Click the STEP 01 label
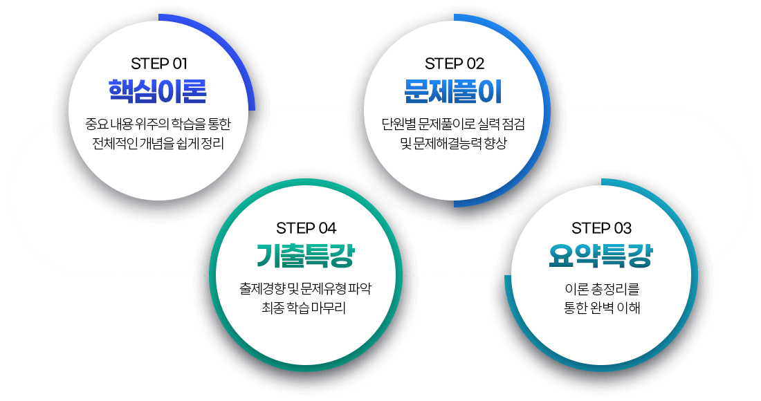pos(158,64)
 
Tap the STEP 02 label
pos(455,64)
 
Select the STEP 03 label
pos(601,228)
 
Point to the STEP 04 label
pos(306,228)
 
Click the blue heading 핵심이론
pos(158,91)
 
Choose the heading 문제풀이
pos(453,91)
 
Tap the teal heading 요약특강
pos(600,256)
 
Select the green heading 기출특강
pos(305,256)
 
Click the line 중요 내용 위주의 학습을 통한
pos(158,124)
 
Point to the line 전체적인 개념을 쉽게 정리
pos(158,144)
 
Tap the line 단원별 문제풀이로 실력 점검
pos(453,124)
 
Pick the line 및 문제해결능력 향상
pos(453,144)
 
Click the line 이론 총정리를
pos(602,289)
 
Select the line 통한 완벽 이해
pos(602,308)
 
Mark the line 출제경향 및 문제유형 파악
pos(305,289)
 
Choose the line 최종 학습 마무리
pos(304,308)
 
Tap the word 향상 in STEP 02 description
pos(495,144)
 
